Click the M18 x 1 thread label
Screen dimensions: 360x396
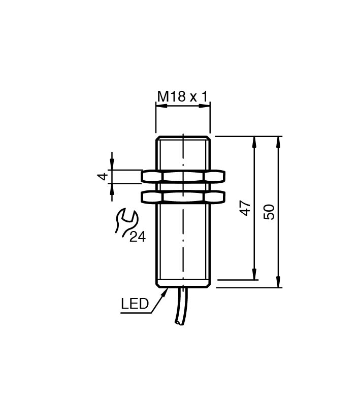pyautogui.click(x=182, y=96)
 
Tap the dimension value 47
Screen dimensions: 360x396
pyautogui.click(x=246, y=208)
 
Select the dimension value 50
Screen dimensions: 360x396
pyautogui.click(x=269, y=212)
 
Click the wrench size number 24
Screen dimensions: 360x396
pyautogui.click(x=138, y=237)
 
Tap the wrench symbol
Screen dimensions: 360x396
pyautogui.click(x=126, y=223)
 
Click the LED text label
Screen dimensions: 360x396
pyautogui.click(x=135, y=304)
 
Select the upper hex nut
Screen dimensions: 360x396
pyautogui.click(x=183, y=176)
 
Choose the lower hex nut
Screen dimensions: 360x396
pyautogui.click(x=183, y=197)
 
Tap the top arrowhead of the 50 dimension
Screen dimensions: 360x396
pyautogui.click(x=278, y=142)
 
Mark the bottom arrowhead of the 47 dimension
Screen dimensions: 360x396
pyautogui.click(x=254, y=274)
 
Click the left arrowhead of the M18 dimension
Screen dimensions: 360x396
pyautogui.click(x=161, y=106)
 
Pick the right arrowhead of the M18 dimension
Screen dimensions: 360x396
pyautogui.click(x=205, y=106)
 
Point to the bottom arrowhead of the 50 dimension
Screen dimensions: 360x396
pyautogui.click(x=278, y=282)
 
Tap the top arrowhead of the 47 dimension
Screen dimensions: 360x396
pyautogui.click(x=254, y=142)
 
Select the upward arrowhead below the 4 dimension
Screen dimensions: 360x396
pyautogui.click(x=112, y=189)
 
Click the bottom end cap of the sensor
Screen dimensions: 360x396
pyautogui.click(x=183, y=284)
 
